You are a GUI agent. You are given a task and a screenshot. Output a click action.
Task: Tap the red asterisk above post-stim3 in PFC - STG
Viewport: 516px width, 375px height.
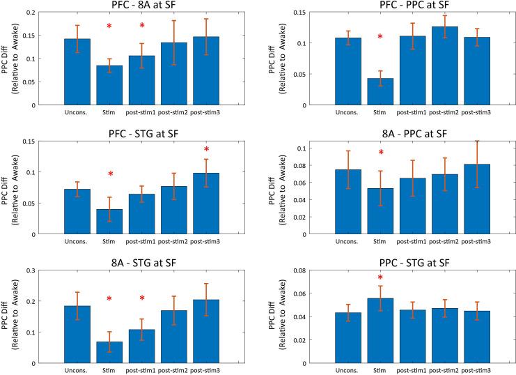[x=207, y=150]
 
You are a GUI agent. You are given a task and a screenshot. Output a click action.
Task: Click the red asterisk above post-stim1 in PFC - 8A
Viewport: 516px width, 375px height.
[x=142, y=26]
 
